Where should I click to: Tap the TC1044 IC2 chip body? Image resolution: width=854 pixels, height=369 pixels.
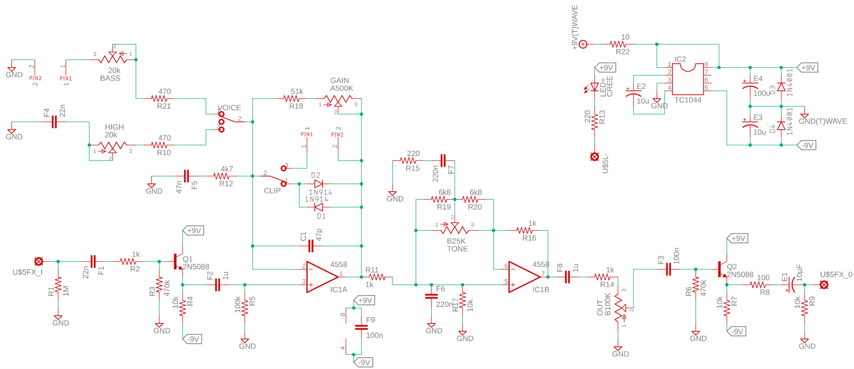688,79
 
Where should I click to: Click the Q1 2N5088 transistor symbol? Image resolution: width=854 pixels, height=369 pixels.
178,262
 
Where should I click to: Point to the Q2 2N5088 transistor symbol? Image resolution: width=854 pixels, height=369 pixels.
723,269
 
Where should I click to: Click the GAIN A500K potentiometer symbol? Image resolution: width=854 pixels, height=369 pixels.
338,100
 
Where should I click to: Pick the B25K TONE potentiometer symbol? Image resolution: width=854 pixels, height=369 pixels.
455,229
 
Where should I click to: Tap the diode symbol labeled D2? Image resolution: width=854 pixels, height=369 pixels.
319,184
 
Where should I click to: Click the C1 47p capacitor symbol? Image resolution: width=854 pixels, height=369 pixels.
311,246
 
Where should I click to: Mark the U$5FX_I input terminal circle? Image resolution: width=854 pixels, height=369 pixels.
39,262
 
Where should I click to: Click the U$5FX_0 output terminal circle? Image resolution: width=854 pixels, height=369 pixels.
824,285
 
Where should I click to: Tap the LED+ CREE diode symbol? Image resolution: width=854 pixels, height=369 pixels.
595,87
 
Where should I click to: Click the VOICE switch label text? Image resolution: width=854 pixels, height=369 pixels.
229,108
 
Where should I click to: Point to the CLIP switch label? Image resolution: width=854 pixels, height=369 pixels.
272,191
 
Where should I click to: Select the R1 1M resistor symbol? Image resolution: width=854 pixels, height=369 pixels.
58,286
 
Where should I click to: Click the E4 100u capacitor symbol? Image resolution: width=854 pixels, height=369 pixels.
750,86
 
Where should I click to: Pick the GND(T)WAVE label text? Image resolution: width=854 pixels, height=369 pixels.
822,122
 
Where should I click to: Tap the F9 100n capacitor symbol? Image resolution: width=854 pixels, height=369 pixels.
361,327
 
